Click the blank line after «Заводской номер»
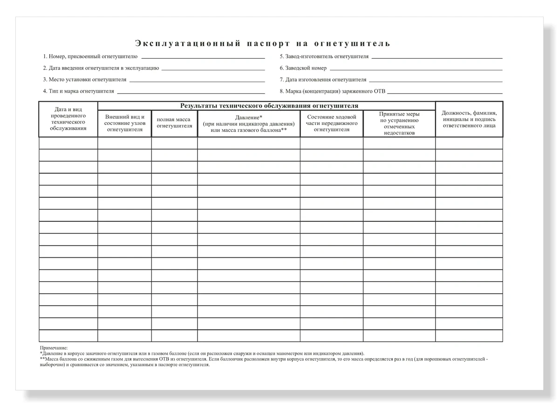click(415, 69)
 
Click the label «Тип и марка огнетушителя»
click(82, 91)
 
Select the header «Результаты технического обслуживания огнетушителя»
click(266, 106)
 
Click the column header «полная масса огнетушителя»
click(174, 123)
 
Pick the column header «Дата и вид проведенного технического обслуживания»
click(68, 119)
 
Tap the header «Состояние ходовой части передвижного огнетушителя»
click(332, 123)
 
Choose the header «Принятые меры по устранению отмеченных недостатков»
click(399, 124)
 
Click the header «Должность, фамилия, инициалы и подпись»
click(469, 119)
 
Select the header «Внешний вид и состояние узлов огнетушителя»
click(124, 123)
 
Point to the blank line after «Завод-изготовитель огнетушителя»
click(436, 57)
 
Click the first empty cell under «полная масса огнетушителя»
click(174, 143)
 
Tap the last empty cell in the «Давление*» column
click(248, 336)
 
